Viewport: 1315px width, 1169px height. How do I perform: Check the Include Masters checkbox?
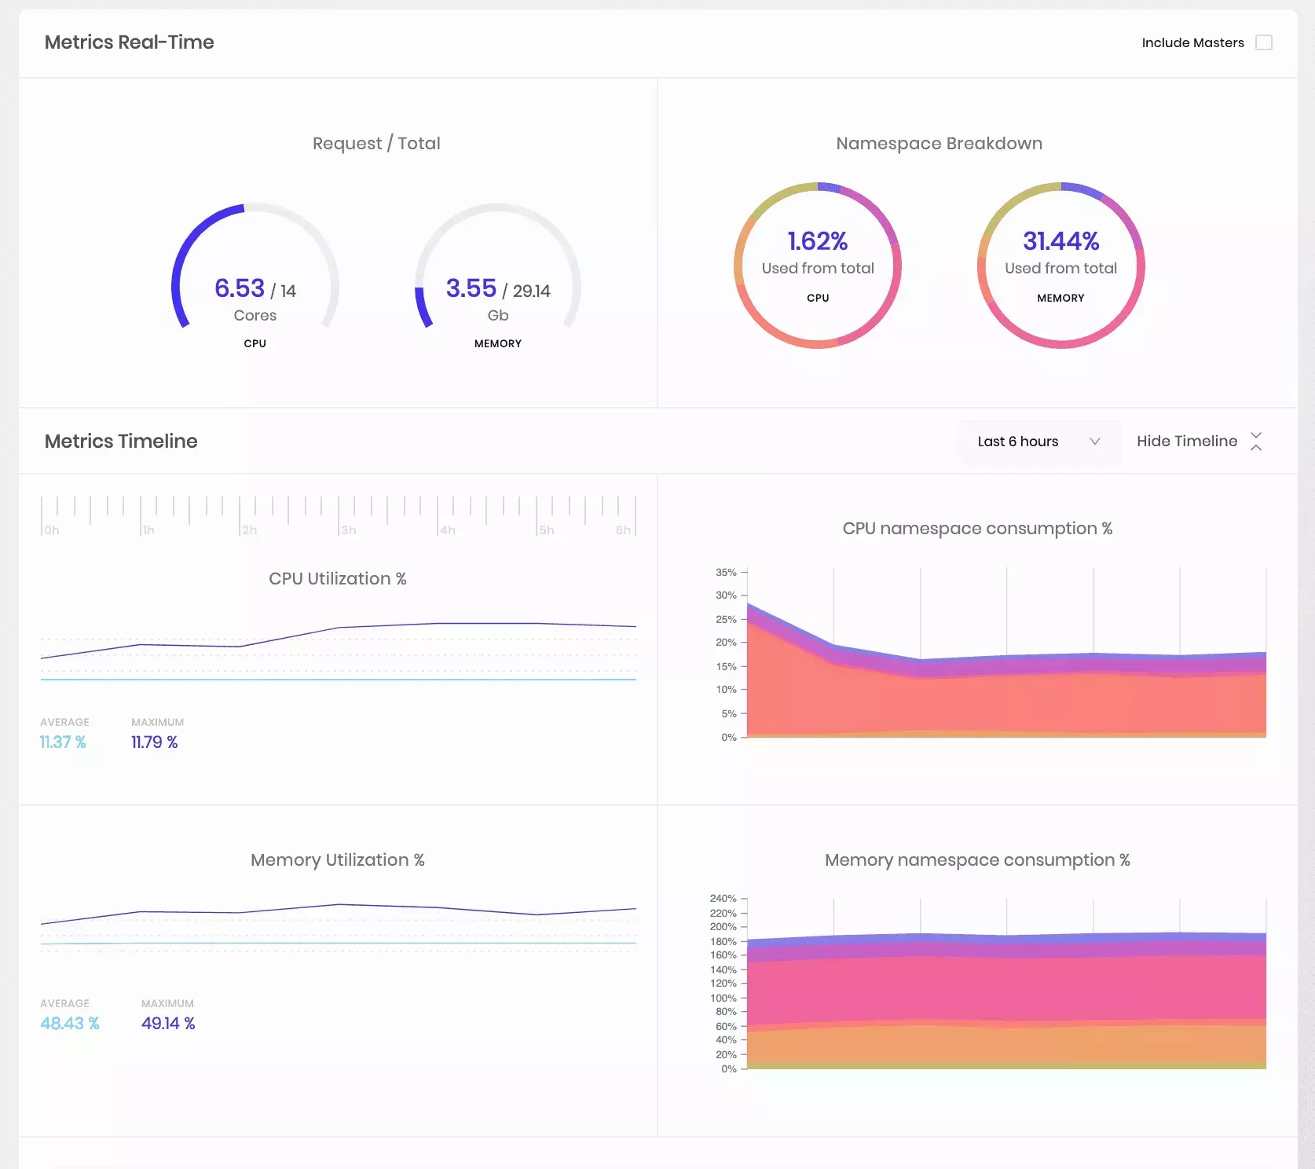(x=1263, y=42)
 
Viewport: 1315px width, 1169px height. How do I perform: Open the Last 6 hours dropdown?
(x=1038, y=442)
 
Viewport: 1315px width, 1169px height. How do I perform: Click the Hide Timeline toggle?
(x=1198, y=442)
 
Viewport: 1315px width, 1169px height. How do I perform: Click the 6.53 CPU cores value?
(x=240, y=288)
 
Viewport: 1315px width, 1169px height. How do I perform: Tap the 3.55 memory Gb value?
(x=471, y=288)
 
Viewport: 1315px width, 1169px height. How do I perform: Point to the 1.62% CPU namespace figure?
(x=817, y=241)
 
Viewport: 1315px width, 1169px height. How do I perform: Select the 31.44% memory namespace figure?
(x=1060, y=241)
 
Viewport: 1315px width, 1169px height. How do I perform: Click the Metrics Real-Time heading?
(x=129, y=42)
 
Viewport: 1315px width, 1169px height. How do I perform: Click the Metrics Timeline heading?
(x=121, y=442)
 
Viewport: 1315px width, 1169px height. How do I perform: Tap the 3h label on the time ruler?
(x=348, y=530)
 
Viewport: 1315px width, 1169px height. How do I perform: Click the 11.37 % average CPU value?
(x=63, y=742)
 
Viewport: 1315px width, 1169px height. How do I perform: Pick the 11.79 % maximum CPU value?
(x=154, y=742)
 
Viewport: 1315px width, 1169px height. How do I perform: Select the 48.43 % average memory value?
(x=70, y=1024)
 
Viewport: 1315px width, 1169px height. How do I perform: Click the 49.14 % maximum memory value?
(x=168, y=1024)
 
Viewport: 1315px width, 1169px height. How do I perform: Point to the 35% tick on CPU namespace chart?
(x=725, y=573)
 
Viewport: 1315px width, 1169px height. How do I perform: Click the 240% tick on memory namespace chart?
(x=723, y=899)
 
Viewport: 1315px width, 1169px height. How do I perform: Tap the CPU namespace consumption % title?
(x=977, y=529)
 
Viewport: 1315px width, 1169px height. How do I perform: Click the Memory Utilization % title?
(x=337, y=860)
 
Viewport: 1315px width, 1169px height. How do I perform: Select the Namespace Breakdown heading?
(x=939, y=144)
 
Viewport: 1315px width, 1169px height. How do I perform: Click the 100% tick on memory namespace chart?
(x=723, y=999)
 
